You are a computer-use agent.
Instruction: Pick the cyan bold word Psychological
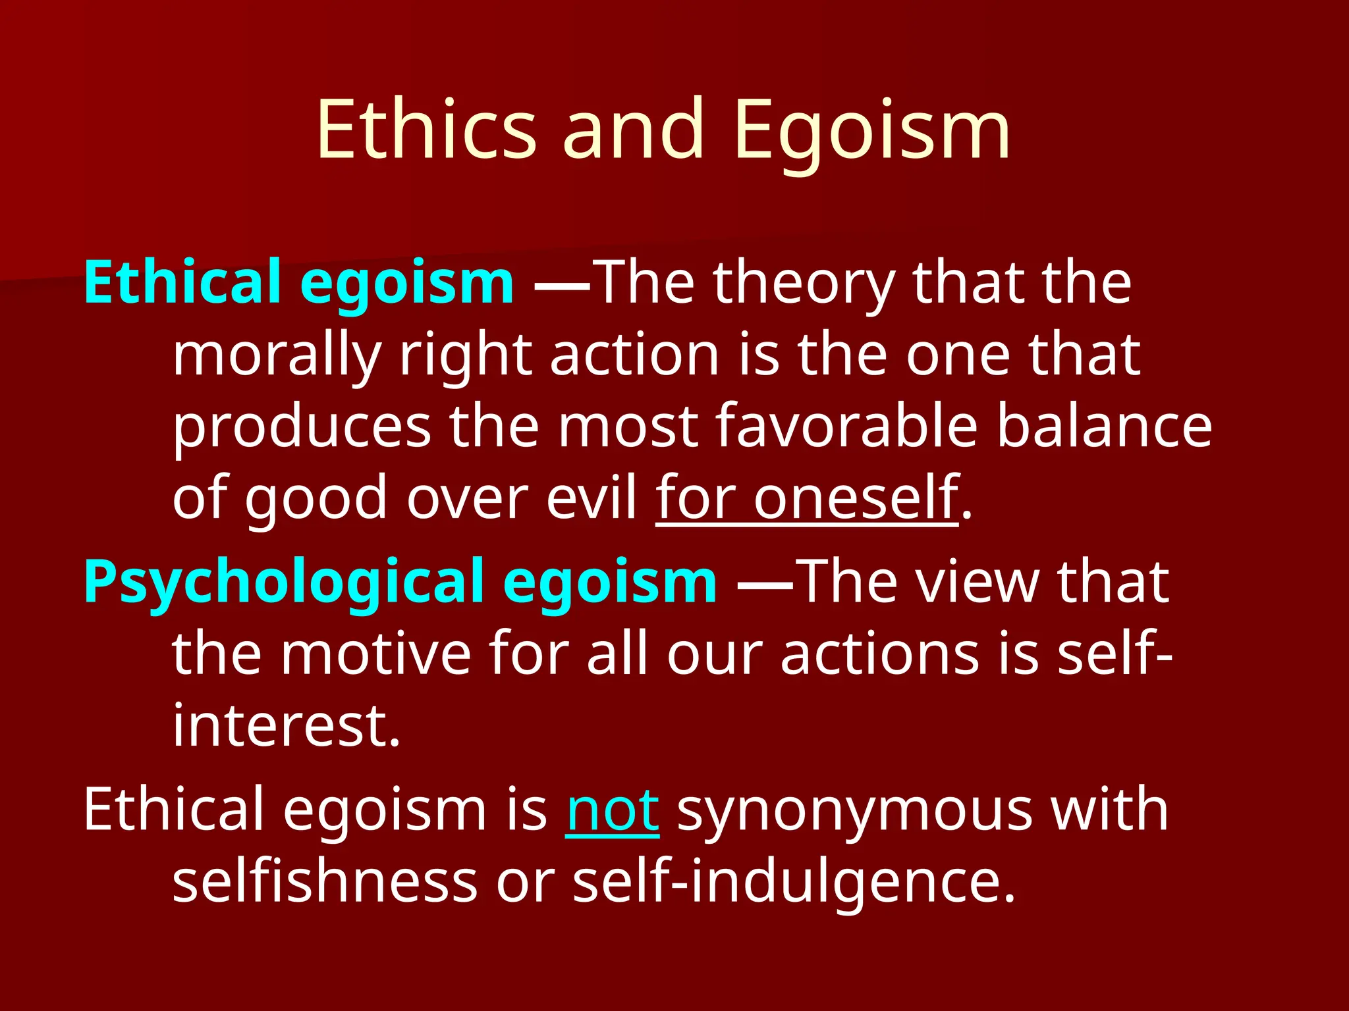click(283, 582)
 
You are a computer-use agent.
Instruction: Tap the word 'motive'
click(376, 654)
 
